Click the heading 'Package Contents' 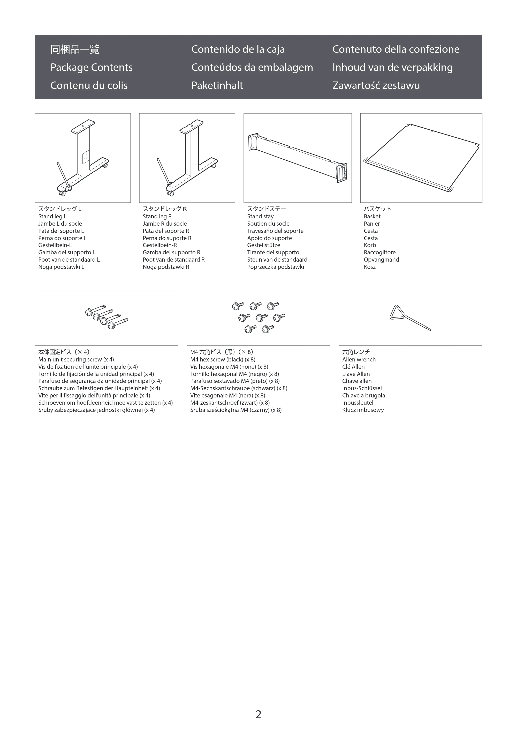[92, 67]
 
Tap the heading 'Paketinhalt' [217, 85]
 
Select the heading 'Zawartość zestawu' [376, 85]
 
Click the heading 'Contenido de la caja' [238, 49]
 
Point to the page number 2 [258, 714]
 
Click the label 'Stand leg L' [52, 216]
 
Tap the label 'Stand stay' [260, 216]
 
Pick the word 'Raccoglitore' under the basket [380, 252]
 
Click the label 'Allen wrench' [359, 359]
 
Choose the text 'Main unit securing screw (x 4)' [76, 359]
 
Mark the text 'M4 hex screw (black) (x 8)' [223, 359]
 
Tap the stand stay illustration [298, 158]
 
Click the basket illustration [421, 158]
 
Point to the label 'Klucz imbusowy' [363, 410]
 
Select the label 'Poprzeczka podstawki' [276, 267]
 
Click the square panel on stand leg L [86, 158]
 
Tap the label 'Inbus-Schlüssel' [362, 388]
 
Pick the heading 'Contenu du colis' [89, 85]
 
